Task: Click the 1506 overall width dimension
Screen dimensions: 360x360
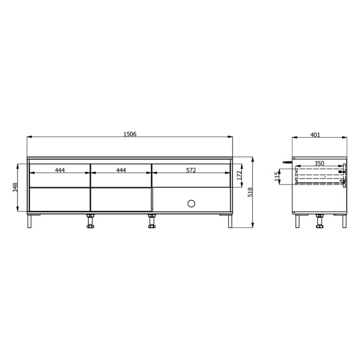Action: tap(130, 134)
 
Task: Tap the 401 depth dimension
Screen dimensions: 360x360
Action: tap(315, 135)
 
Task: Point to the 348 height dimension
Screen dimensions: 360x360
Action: tap(15, 187)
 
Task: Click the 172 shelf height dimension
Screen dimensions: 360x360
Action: tap(240, 176)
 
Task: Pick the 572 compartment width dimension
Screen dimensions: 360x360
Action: tap(191, 170)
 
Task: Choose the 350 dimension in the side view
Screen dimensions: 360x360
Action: tap(319, 163)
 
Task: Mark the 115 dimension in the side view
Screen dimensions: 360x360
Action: tap(277, 176)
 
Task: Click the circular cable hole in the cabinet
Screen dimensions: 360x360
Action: tap(191, 203)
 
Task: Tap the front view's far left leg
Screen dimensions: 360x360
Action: tap(29, 221)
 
